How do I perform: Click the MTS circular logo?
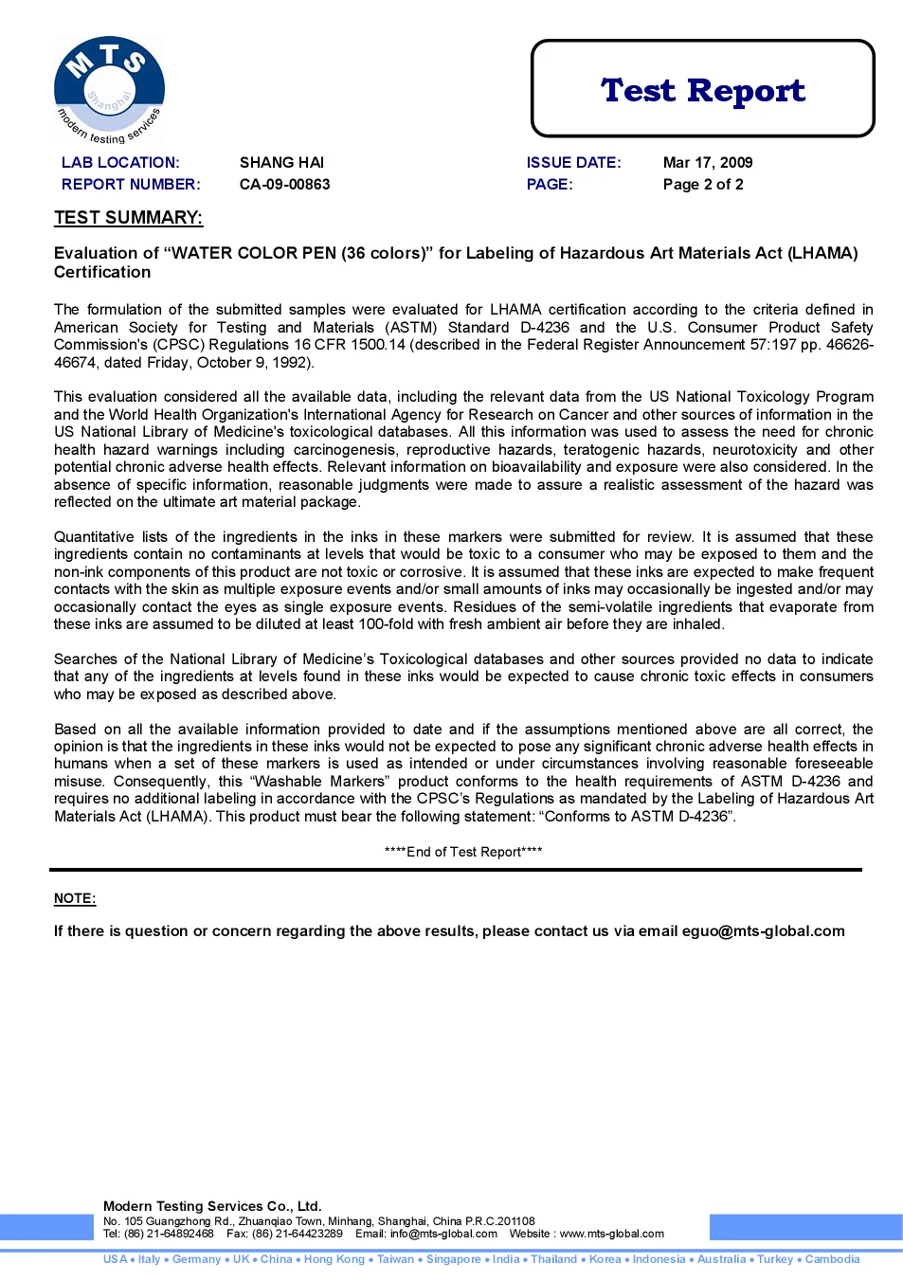109,89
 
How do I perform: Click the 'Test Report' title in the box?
702,90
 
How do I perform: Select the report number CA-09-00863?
284,185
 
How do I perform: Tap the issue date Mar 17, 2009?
707,163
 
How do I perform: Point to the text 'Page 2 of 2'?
702,185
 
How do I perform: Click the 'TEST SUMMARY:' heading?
128,218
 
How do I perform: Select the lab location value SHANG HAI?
281,163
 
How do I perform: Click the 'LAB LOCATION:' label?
120,163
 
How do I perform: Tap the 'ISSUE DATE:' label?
573,163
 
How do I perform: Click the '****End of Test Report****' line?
463,852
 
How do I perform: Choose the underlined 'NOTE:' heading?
75,898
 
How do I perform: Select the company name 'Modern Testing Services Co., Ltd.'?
212,1206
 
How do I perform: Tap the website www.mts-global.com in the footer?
611,1234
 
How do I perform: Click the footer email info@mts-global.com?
443,1234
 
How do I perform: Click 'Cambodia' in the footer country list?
832,1259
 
